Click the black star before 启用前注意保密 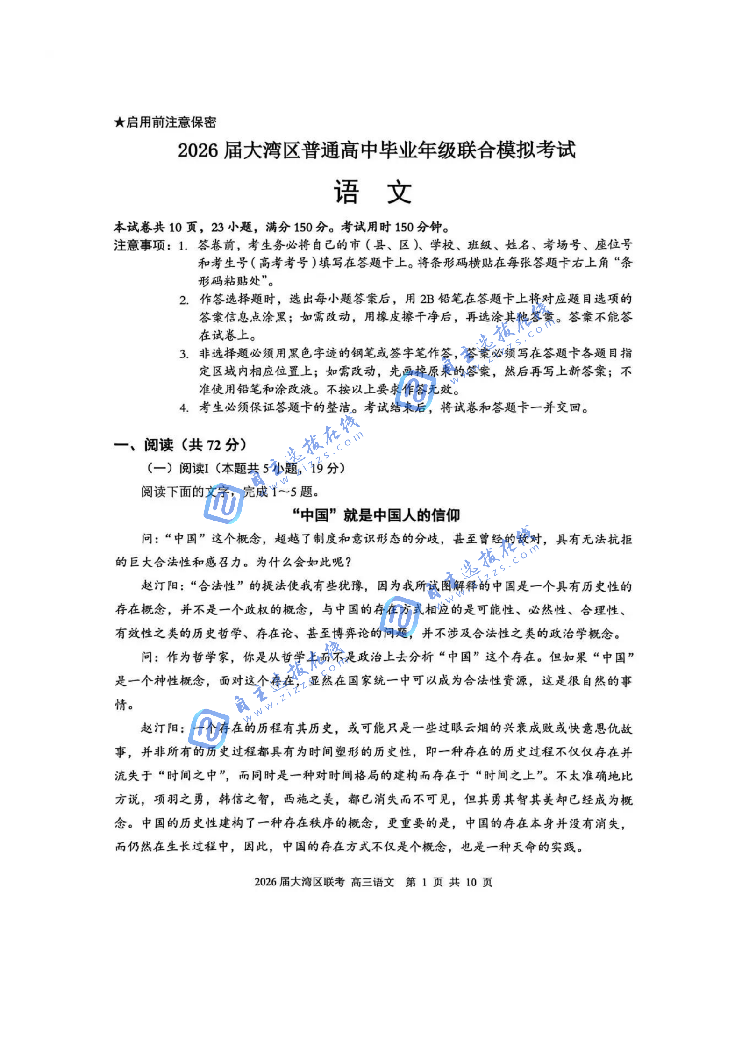click(x=119, y=122)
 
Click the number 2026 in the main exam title click(x=198, y=150)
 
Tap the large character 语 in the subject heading click(x=346, y=192)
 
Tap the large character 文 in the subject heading click(x=399, y=192)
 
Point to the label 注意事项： click(x=143, y=245)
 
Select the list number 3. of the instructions click(x=184, y=354)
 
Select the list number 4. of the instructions click(x=184, y=408)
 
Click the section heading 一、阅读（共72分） click(x=180, y=444)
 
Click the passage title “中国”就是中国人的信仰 click(x=376, y=515)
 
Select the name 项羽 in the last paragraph click(x=166, y=799)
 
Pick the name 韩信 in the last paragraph click(x=231, y=799)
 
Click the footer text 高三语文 click(x=372, y=882)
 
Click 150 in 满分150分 click(x=302, y=228)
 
